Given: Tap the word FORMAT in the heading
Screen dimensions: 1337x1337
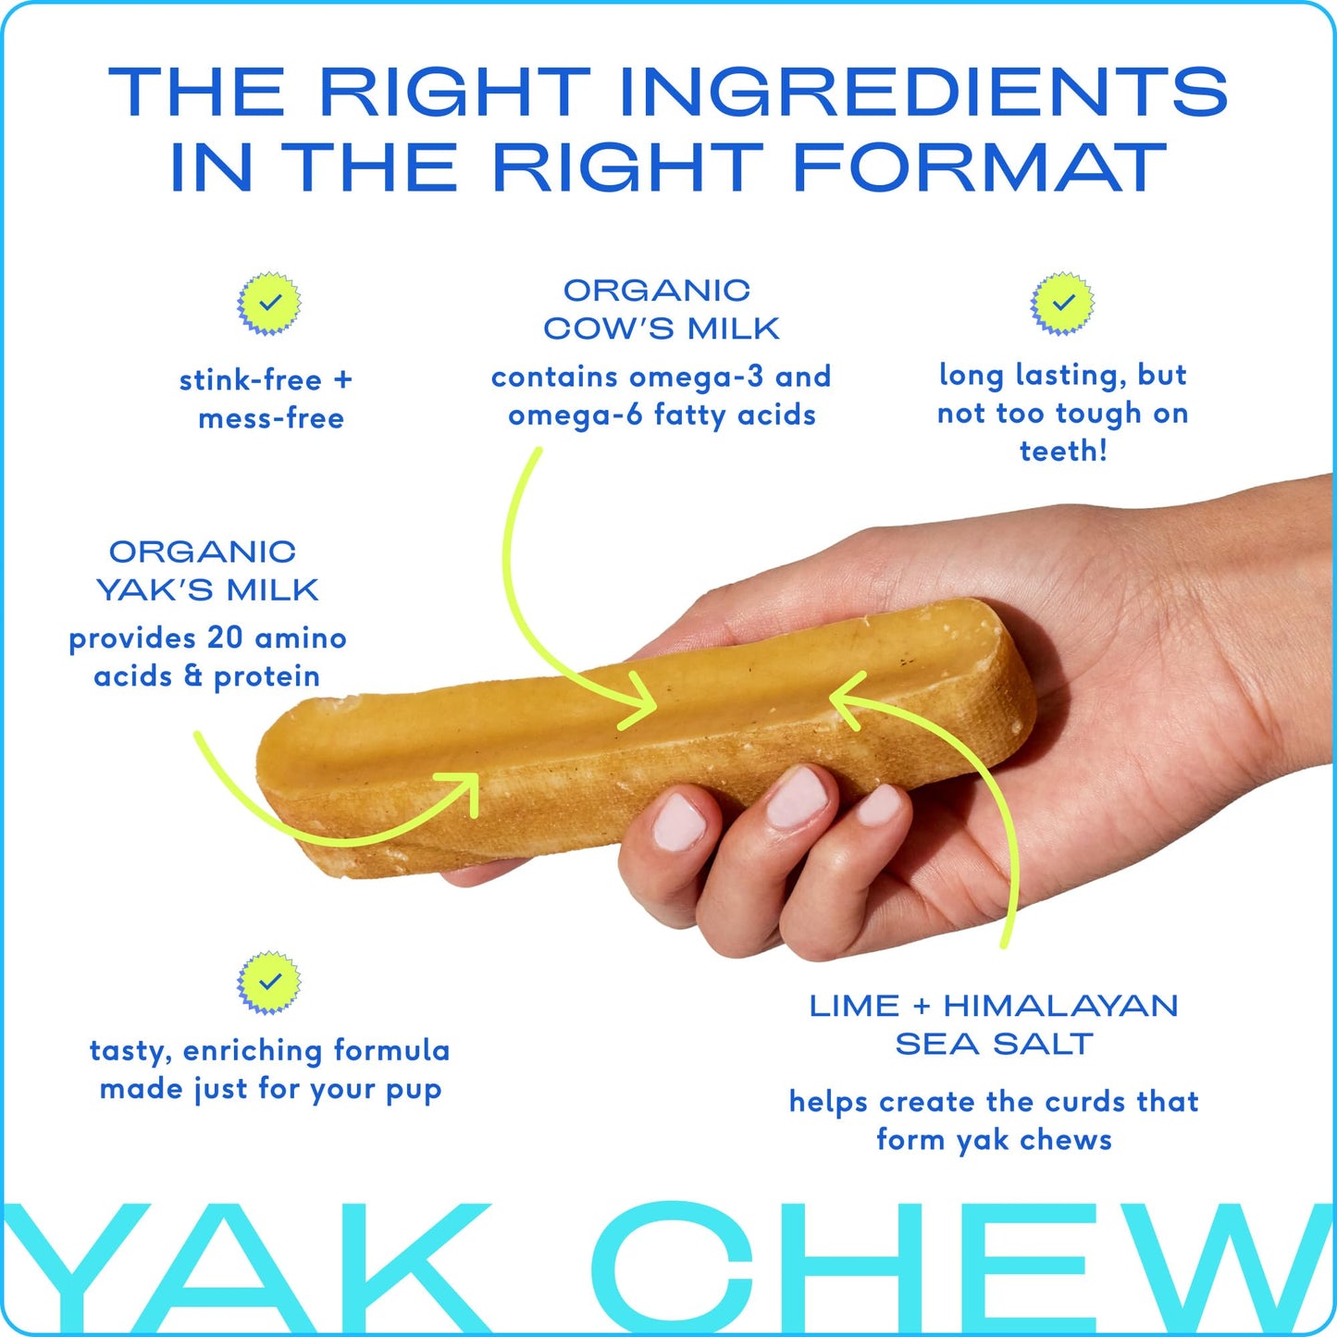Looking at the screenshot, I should (980, 168).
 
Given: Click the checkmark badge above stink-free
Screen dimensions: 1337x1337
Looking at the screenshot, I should (269, 303).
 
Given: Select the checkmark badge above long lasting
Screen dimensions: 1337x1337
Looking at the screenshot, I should (1063, 303).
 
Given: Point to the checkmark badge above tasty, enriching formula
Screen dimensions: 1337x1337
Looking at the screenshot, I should (269, 982).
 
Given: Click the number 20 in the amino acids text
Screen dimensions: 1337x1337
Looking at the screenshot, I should (225, 638).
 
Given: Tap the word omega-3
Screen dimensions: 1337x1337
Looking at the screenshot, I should (697, 377).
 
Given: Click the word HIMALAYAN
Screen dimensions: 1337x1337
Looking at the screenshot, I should (1060, 1006).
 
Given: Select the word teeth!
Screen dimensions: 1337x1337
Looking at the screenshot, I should (1063, 451).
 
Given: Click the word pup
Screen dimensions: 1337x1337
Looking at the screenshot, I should (413, 1089).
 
